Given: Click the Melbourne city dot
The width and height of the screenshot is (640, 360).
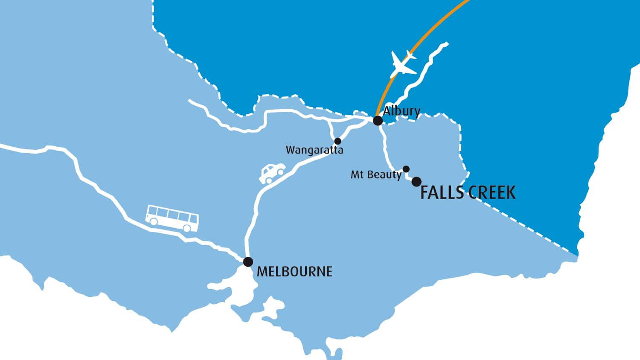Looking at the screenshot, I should [x=248, y=261].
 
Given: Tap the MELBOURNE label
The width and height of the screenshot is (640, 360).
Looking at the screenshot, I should [x=294, y=272].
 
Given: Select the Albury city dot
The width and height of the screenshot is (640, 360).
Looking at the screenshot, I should [x=378, y=121].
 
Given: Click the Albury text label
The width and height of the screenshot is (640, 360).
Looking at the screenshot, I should [x=401, y=111].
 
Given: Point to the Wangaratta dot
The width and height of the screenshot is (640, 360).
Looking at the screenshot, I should [x=337, y=141].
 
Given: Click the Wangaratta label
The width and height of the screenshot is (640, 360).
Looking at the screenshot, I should [x=314, y=150].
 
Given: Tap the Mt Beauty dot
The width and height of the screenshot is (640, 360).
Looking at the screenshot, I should [x=406, y=169].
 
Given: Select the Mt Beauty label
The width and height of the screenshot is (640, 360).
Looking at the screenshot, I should [x=376, y=174].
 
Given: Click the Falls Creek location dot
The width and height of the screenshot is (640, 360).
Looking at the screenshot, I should [x=416, y=182].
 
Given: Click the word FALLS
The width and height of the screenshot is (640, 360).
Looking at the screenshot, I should [x=442, y=193].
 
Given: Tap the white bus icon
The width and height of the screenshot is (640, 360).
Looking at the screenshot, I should [x=172, y=218].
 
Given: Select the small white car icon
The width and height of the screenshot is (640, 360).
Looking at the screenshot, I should [x=272, y=173].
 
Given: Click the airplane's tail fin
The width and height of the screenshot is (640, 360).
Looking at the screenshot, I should [x=410, y=55].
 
